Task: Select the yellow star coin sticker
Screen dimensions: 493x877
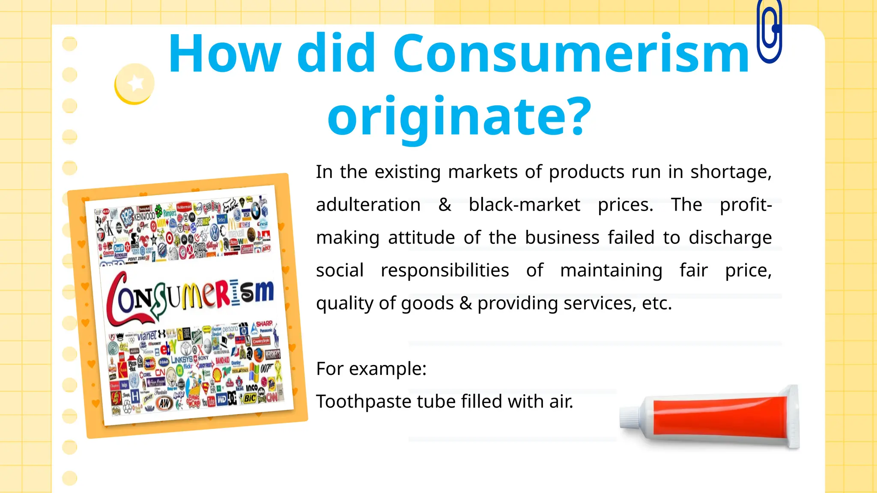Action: tap(134, 83)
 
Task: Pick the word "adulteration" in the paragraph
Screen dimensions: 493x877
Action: tap(368, 205)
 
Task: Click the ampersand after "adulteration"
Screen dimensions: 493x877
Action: tap(444, 205)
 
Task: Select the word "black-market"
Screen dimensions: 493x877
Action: tap(524, 205)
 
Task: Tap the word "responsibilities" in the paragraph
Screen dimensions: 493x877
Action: tap(445, 270)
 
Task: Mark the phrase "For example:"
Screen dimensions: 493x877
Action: tap(371, 368)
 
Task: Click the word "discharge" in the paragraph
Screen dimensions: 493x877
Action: tap(730, 238)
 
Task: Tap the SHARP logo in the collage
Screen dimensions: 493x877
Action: tap(264, 324)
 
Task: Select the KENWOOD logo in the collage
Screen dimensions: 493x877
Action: tap(145, 216)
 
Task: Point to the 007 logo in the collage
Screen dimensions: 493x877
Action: tap(267, 368)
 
